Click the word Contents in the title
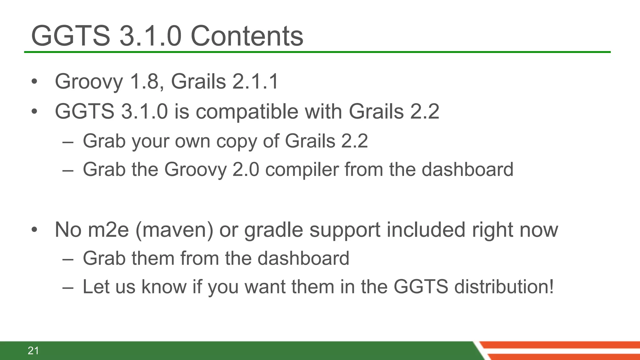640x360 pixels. pyautogui.click(x=247, y=36)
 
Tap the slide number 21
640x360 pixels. pyautogui.click(x=33, y=351)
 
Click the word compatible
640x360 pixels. pyautogui.click(x=247, y=112)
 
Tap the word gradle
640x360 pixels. pyautogui.click(x=273, y=230)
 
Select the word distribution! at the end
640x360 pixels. pyautogui.click(x=504, y=287)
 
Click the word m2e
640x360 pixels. pyautogui.click(x=108, y=230)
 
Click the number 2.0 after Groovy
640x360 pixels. pyautogui.click(x=246, y=170)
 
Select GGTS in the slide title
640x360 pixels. pyautogui.click(x=71, y=36)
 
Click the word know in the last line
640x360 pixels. pyautogui.click(x=164, y=287)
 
